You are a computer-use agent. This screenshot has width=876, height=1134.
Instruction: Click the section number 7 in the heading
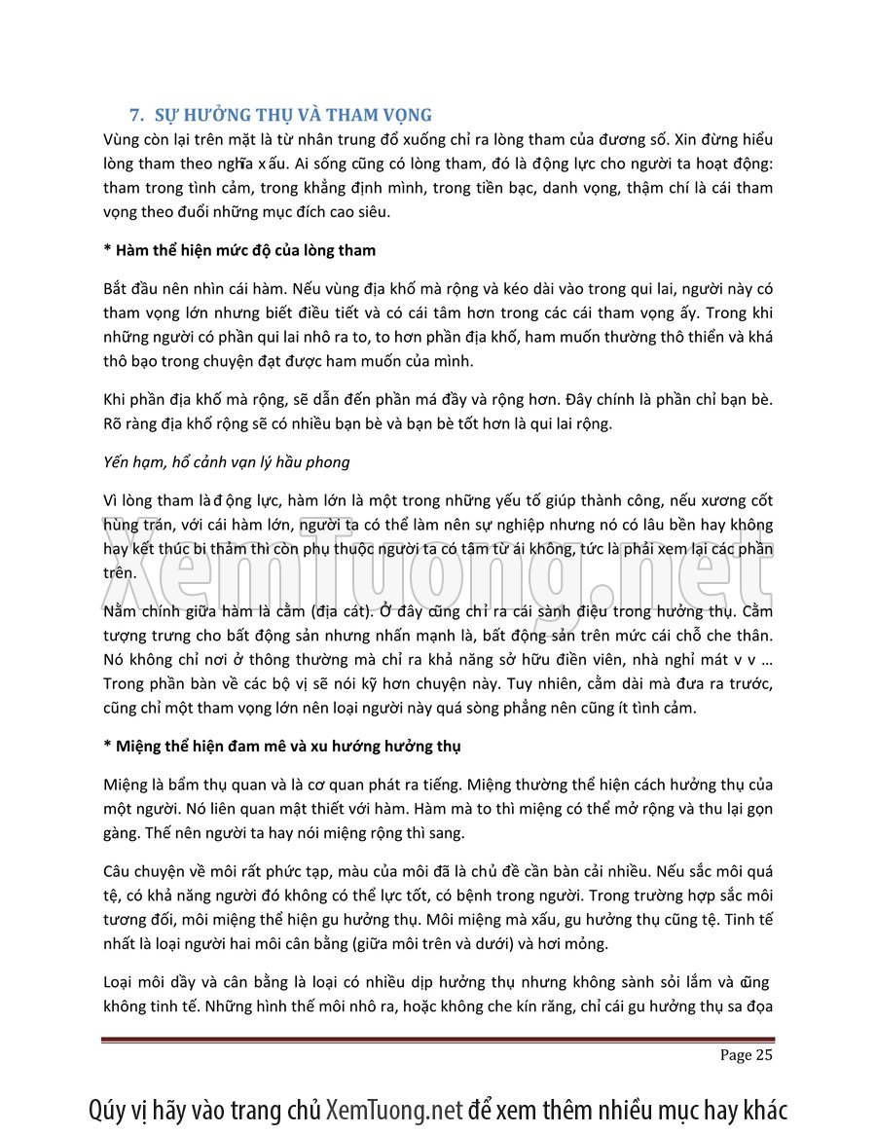(x=137, y=115)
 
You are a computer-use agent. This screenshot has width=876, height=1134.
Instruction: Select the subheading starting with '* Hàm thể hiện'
(x=239, y=251)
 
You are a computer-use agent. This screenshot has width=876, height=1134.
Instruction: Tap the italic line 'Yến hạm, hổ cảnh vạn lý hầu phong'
(x=226, y=461)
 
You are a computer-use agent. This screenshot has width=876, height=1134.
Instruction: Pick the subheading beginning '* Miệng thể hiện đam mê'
(x=282, y=746)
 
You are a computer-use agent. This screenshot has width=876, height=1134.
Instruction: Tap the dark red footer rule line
(x=438, y=1041)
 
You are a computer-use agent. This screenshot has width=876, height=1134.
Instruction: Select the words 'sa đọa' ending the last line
(x=749, y=1006)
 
